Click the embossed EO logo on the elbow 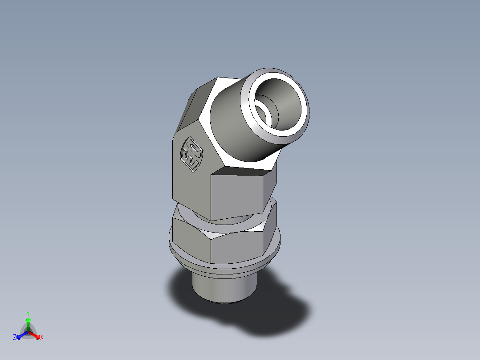tap(191, 155)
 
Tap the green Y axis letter tap(28, 313)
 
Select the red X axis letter tap(42, 338)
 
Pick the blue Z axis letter tap(15, 338)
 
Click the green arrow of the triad tap(28, 322)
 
